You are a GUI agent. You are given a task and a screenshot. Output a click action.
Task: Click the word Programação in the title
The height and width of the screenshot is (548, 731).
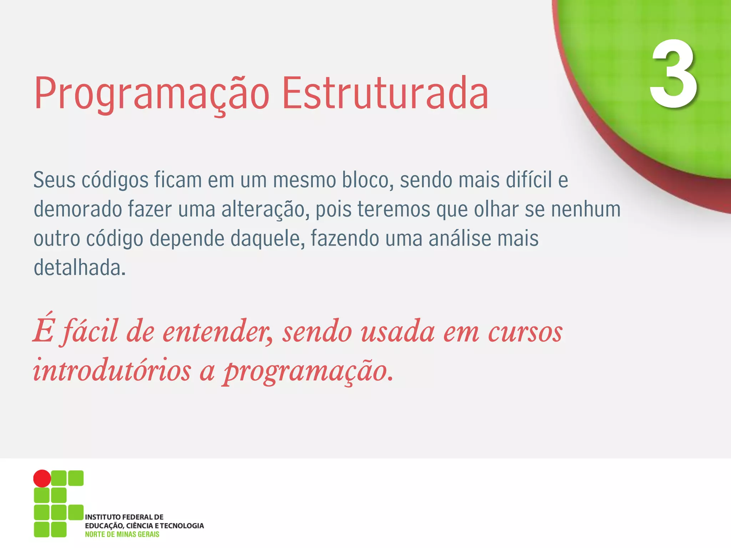(x=152, y=93)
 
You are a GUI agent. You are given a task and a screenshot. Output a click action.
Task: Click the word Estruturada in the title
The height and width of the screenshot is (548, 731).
(x=385, y=93)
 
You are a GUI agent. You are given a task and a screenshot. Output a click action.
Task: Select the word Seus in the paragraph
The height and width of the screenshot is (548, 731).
(x=54, y=180)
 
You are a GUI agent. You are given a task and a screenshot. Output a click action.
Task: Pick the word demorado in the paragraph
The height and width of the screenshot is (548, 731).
(x=77, y=209)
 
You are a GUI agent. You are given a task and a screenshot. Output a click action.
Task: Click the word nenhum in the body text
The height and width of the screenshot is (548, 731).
(x=585, y=209)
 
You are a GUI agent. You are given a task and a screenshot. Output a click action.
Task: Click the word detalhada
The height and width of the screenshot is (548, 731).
(x=79, y=268)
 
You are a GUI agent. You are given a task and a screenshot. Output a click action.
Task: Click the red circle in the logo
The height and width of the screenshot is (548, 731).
(x=42, y=478)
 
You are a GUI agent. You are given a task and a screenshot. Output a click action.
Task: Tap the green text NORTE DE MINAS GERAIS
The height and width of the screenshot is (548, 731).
(x=122, y=534)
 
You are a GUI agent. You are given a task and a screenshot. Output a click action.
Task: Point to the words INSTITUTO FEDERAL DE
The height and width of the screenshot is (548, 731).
(x=124, y=517)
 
